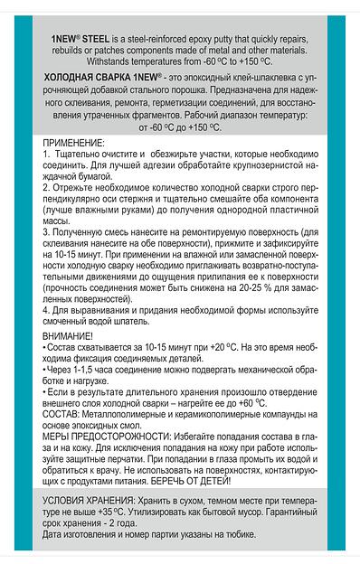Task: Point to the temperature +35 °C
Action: point(92,535)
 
